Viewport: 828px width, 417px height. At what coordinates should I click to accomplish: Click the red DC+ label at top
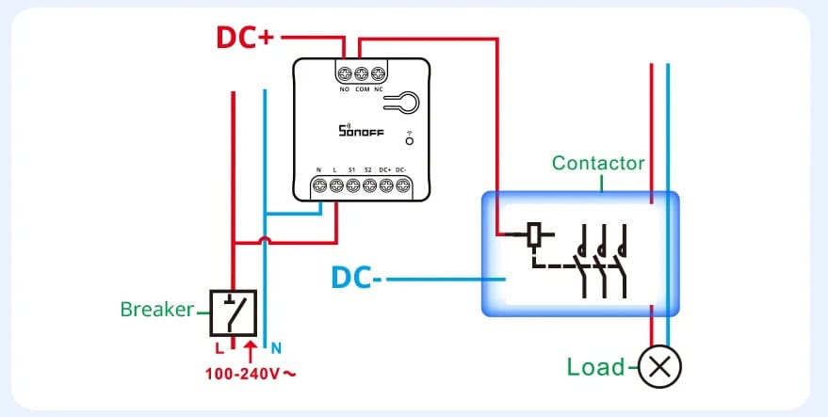pos(245,37)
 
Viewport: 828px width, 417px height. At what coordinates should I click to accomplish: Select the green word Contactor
pos(598,163)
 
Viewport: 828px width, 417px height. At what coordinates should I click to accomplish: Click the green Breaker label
pos(156,309)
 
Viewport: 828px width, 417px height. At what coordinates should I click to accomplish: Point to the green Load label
pos(595,367)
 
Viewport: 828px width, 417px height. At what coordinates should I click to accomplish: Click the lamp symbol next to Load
pos(659,367)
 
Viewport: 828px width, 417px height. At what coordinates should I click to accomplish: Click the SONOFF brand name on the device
pos(361,132)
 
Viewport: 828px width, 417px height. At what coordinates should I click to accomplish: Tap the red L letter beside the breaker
pos(218,346)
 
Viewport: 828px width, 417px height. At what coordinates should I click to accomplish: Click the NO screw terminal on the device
pos(345,72)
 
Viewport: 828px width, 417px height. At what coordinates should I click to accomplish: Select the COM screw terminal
pos(362,72)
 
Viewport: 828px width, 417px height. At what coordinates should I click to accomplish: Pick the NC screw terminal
pos(379,72)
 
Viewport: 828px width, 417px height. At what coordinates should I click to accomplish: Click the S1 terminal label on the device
pos(351,169)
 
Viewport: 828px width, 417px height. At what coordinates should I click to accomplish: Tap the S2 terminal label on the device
pos(368,169)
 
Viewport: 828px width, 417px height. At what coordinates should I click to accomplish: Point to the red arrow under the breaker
pos(250,352)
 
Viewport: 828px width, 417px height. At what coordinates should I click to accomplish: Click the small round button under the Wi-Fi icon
pos(409,141)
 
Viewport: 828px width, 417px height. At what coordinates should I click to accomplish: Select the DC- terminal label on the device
pos(402,169)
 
